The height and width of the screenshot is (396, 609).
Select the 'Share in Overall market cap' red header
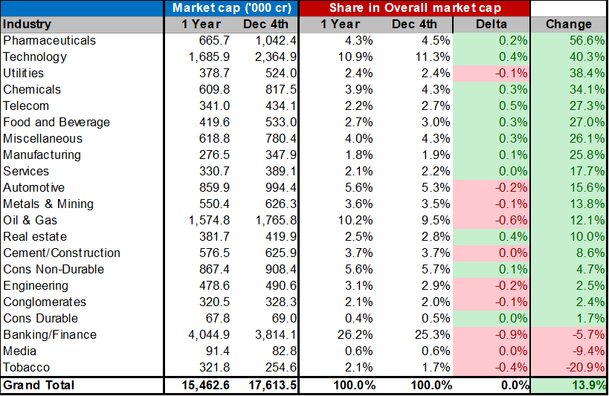point(414,8)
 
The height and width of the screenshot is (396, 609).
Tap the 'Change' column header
point(569,25)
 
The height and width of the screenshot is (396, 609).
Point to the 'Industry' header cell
point(27,25)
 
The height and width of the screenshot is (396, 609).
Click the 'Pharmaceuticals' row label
point(49,41)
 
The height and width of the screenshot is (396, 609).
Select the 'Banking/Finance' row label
point(50,335)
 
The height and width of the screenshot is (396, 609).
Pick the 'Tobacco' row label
point(27,368)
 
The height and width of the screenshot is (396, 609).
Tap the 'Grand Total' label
point(39,386)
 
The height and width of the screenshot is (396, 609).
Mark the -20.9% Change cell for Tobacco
point(583,368)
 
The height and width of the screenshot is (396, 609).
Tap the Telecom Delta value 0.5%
point(512,106)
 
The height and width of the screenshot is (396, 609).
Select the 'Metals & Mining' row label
point(48,204)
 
